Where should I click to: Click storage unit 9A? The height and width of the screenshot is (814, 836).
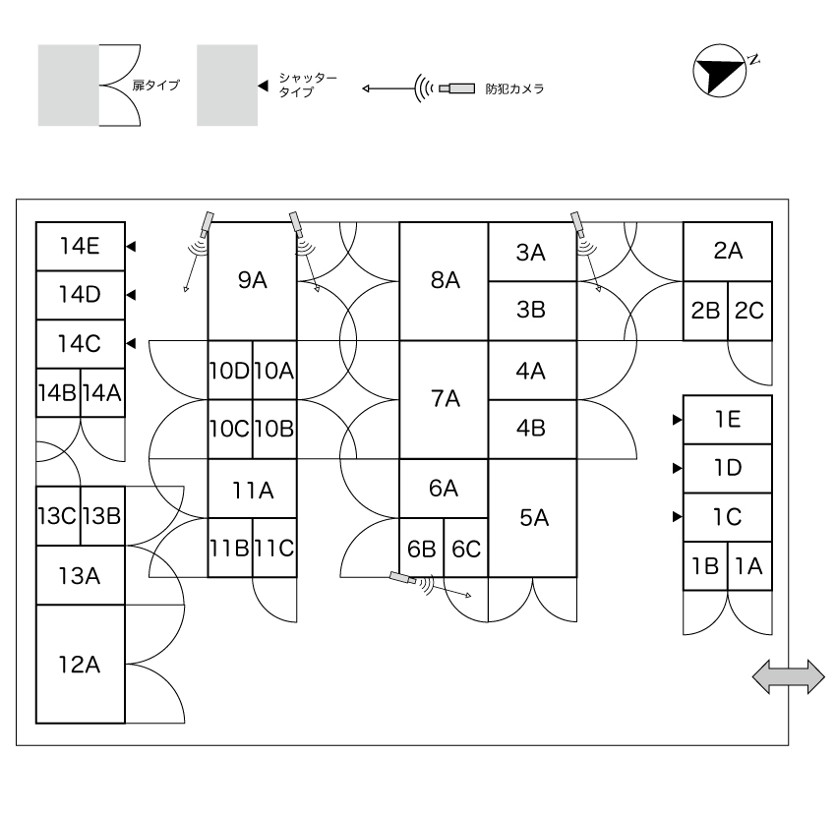(x=252, y=281)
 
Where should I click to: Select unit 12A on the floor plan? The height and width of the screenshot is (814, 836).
(x=81, y=665)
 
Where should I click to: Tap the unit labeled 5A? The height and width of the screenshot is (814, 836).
(x=533, y=518)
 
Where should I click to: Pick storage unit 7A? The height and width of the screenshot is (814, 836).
(x=445, y=399)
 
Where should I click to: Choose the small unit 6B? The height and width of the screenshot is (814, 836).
(x=422, y=548)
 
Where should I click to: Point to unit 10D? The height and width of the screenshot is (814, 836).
(x=230, y=370)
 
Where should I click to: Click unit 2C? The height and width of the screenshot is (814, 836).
(x=749, y=311)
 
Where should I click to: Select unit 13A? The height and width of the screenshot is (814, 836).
(x=81, y=575)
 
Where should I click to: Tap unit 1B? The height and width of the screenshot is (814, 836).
(x=705, y=566)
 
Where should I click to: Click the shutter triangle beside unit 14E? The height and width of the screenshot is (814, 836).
(x=131, y=247)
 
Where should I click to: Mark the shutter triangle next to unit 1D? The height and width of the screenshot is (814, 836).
(x=677, y=468)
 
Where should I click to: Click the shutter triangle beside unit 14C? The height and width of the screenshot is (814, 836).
(x=131, y=344)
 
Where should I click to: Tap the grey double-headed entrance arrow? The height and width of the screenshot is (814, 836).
(x=789, y=676)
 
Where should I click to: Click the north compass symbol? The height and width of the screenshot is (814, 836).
(x=719, y=71)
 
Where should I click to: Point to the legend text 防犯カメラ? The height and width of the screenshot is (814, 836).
(x=514, y=89)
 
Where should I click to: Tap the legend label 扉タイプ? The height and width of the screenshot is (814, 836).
(x=155, y=86)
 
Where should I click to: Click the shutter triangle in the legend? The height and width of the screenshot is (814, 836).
(x=263, y=86)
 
